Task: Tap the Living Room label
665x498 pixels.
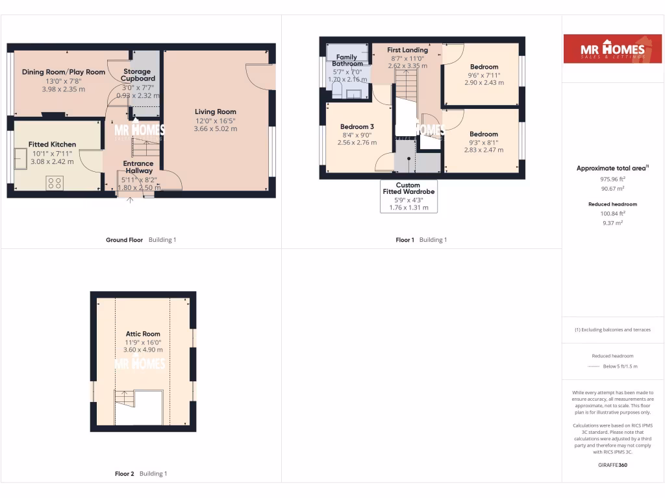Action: (x=216, y=112)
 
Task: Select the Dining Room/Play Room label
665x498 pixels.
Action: (x=64, y=72)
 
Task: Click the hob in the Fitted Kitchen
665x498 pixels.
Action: (x=55, y=183)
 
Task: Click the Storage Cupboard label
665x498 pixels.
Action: (x=137, y=75)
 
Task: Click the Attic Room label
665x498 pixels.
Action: (x=143, y=334)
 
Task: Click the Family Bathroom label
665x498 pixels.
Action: (x=347, y=60)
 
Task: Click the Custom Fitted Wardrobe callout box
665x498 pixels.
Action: (x=408, y=196)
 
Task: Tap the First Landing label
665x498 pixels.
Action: (x=408, y=50)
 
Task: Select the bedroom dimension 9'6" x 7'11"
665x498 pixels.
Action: (x=484, y=75)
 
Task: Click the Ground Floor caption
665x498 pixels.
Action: (x=124, y=240)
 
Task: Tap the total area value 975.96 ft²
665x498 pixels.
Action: (x=613, y=179)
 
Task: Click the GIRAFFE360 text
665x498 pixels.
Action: (x=613, y=465)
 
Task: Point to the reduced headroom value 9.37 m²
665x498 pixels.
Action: (x=613, y=222)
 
